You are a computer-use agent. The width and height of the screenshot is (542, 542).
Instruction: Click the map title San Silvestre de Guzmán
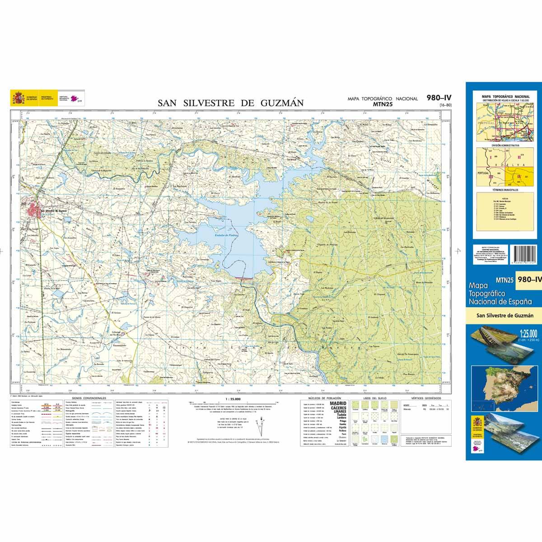(230, 103)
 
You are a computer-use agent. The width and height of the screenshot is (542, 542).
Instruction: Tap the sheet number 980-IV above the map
(439, 97)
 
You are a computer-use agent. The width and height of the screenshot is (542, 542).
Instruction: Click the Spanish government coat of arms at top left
(19, 98)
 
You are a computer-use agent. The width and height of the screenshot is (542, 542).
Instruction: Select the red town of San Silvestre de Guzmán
(35, 211)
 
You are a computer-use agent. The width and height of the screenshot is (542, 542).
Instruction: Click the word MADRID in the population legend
(338, 403)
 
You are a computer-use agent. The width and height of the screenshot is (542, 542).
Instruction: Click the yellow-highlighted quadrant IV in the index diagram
(519, 176)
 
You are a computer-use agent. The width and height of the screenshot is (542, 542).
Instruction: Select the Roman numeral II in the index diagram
(519, 157)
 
